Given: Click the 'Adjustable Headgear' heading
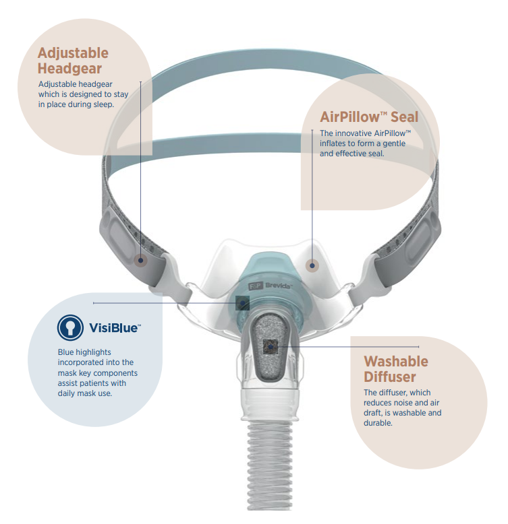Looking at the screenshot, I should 73,60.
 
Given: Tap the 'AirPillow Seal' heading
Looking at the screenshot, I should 369,117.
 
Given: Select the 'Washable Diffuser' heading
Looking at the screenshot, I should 396,368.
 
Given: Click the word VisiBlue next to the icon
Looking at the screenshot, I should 115,329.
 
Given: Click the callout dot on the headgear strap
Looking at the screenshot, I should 141,261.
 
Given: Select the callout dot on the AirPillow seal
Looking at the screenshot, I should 312,265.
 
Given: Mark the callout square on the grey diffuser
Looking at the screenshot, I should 270,346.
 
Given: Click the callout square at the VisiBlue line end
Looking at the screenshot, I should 242,304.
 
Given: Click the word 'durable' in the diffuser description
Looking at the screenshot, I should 378,423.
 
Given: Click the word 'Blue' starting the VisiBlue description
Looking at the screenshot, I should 66,352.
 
